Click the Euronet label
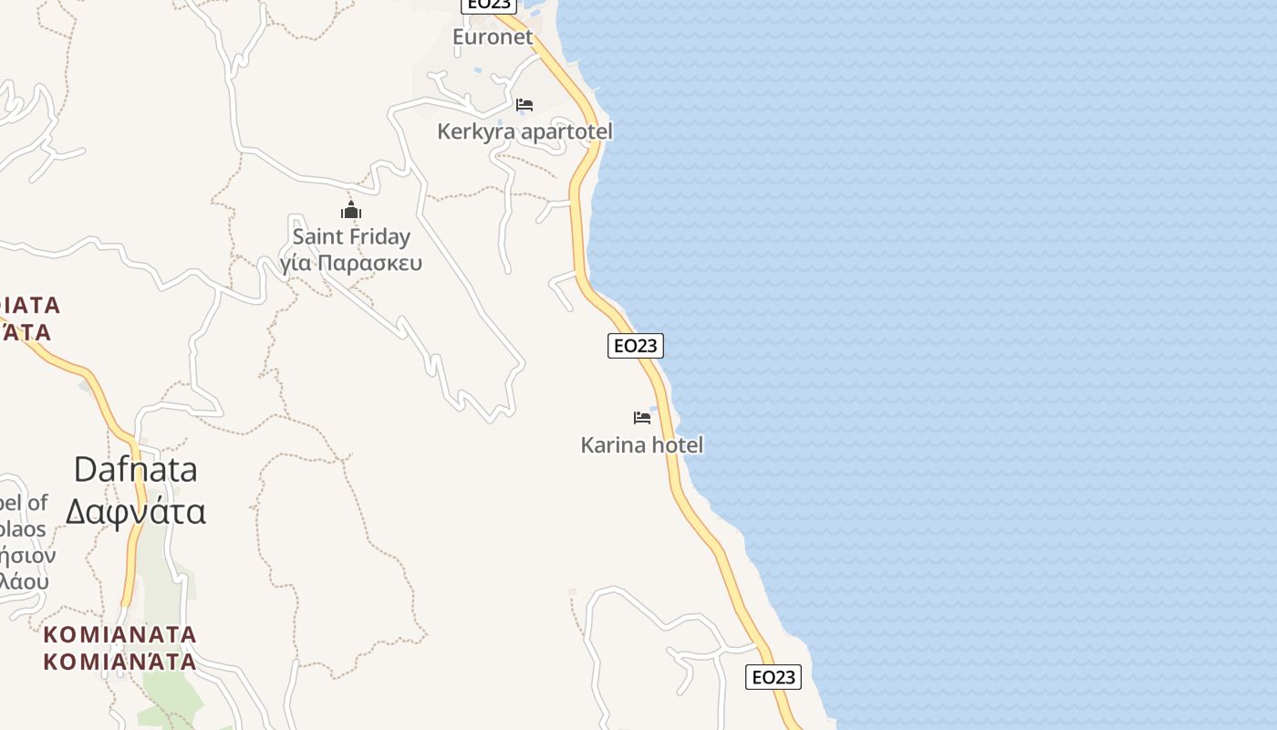(493, 37)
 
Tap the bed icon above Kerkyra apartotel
(524, 105)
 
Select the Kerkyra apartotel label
(524, 131)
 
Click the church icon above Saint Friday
(351, 211)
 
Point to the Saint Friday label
(351, 237)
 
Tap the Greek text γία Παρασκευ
(351, 264)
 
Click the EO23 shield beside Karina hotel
(636, 345)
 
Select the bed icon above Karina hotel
(642, 418)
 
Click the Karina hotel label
(642, 445)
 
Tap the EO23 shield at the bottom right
(773, 677)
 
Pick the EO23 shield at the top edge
(490, 5)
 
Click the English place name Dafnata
(135, 469)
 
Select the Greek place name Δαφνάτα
(135, 512)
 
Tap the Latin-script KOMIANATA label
(119, 634)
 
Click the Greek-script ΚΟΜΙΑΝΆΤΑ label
(119, 661)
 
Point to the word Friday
(380, 237)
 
